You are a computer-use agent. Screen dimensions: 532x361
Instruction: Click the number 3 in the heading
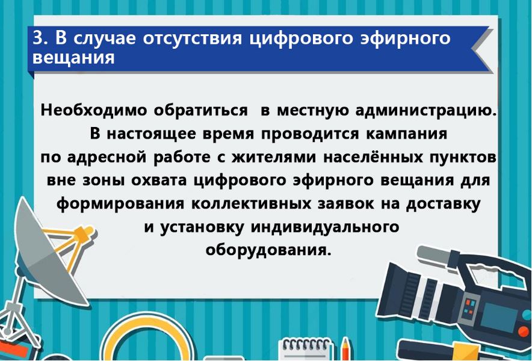click(x=39, y=38)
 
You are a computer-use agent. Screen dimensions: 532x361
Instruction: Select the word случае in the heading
click(x=105, y=38)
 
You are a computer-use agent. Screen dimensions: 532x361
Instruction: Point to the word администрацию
click(x=426, y=111)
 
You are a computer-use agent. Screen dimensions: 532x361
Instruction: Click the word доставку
click(x=443, y=204)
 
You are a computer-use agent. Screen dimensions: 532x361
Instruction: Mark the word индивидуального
click(x=325, y=227)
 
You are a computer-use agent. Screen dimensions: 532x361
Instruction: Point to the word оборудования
click(x=268, y=250)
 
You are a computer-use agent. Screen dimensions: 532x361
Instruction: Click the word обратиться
click(x=201, y=111)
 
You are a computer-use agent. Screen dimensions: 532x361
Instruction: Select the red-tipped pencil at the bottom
click(x=345, y=349)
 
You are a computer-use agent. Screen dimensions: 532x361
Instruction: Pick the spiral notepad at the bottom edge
click(x=304, y=349)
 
